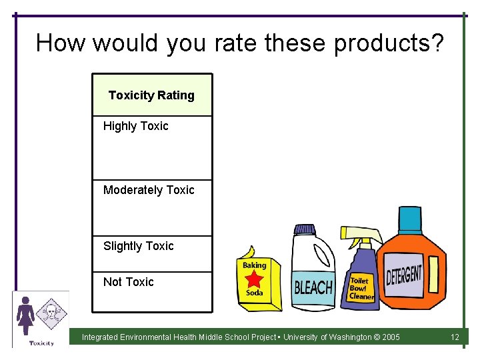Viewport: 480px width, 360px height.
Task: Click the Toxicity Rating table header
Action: click(x=151, y=95)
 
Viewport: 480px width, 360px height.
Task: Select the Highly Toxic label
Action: click(x=135, y=126)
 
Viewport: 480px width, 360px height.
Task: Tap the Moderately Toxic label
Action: click(x=149, y=190)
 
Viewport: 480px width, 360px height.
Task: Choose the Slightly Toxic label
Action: click(x=138, y=246)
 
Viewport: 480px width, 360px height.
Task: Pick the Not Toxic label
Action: click(x=128, y=282)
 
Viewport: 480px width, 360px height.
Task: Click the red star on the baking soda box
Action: click(x=254, y=279)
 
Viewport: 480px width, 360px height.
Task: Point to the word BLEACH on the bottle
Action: click(x=313, y=287)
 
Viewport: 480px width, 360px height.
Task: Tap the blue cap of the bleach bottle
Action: click(x=305, y=230)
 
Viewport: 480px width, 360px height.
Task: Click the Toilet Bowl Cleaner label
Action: click(x=362, y=289)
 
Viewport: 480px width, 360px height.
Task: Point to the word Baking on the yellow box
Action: click(x=254, y=265)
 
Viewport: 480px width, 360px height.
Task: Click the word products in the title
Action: click(x=388, y=43)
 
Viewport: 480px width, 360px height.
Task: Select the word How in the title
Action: click(x=61, y=43)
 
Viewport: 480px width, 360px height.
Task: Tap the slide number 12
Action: click(x=455, y=337)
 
